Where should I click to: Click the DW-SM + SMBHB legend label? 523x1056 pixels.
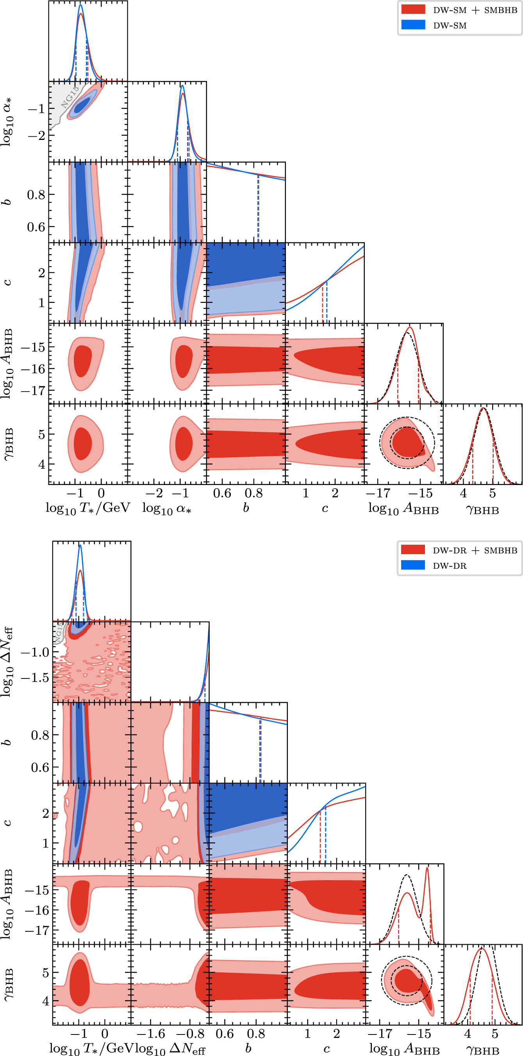coord(475,10)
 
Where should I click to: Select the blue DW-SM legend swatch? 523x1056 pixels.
coord(413,25)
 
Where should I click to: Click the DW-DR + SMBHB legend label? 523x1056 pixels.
coord(475,550)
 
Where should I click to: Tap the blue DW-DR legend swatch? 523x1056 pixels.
coord(413,565)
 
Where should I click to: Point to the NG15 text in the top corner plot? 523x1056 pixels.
coord(70,98)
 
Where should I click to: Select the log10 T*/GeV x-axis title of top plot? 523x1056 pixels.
coord(87,508)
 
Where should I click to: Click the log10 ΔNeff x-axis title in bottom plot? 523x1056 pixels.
coord(170,1048)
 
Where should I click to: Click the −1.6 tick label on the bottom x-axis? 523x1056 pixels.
coord(151,1033)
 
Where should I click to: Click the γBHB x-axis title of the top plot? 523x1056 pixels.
coord(482,510)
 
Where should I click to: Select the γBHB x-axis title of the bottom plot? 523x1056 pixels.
coord(483,1050)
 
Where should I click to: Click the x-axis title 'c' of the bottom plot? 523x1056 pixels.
coord(327,1049)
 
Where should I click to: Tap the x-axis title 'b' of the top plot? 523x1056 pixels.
coord(246,508)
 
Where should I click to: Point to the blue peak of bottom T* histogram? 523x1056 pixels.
coord(80,545)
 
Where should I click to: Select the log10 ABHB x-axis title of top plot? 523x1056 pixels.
coord(403,509)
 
